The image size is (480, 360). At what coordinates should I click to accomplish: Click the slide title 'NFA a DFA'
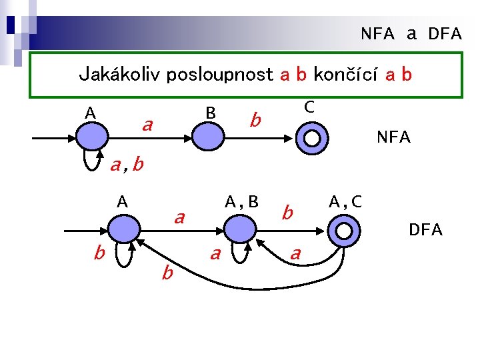tap(411, 34)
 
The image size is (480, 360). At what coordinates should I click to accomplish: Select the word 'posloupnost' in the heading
tap(220, 73)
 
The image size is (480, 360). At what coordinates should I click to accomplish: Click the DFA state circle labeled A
tap(123, 231)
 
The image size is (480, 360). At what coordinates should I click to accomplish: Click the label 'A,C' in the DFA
tap(345, 201)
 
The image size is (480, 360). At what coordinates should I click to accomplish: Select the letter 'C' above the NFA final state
tap(309, 107)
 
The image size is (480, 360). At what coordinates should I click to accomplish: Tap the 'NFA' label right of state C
tap(393, 138)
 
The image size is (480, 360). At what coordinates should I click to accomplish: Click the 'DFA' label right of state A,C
tap(425, 230)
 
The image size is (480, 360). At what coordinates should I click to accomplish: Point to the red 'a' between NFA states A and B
tap(148, 124)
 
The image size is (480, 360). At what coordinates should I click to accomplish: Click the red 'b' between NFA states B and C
tap(254, 121)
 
